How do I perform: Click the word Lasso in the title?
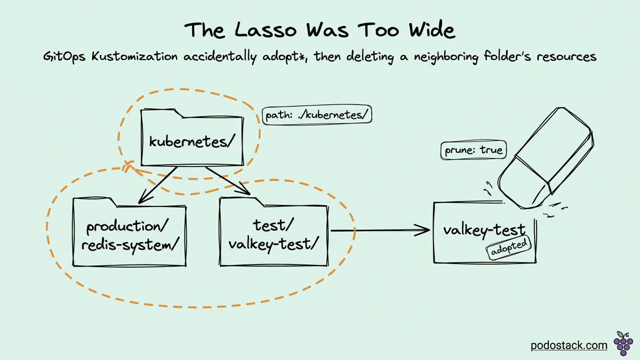coord(266,30)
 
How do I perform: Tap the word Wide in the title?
coord(432,30)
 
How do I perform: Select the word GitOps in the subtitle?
coord(65,57)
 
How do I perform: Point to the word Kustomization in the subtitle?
coord(134,56)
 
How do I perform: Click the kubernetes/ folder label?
coord(192,141)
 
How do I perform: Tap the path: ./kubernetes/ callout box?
coord(317,115)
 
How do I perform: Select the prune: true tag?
coord(474,150)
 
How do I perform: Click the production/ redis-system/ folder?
coord(130,231)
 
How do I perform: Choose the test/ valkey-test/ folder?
coord(274,231)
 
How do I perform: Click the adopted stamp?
coord(509,247)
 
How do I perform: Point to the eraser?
coord(546,158)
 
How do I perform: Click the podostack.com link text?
coord(569,346)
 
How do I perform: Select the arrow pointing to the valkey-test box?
coord(380,230)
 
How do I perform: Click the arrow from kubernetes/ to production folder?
coord(158,185)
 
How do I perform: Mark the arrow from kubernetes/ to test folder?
coord(228,181)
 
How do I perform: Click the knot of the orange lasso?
coord(128,166)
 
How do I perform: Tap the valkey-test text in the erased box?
coord(484,230)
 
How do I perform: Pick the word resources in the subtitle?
coord(566,57)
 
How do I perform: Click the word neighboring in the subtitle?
coord(446,57)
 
